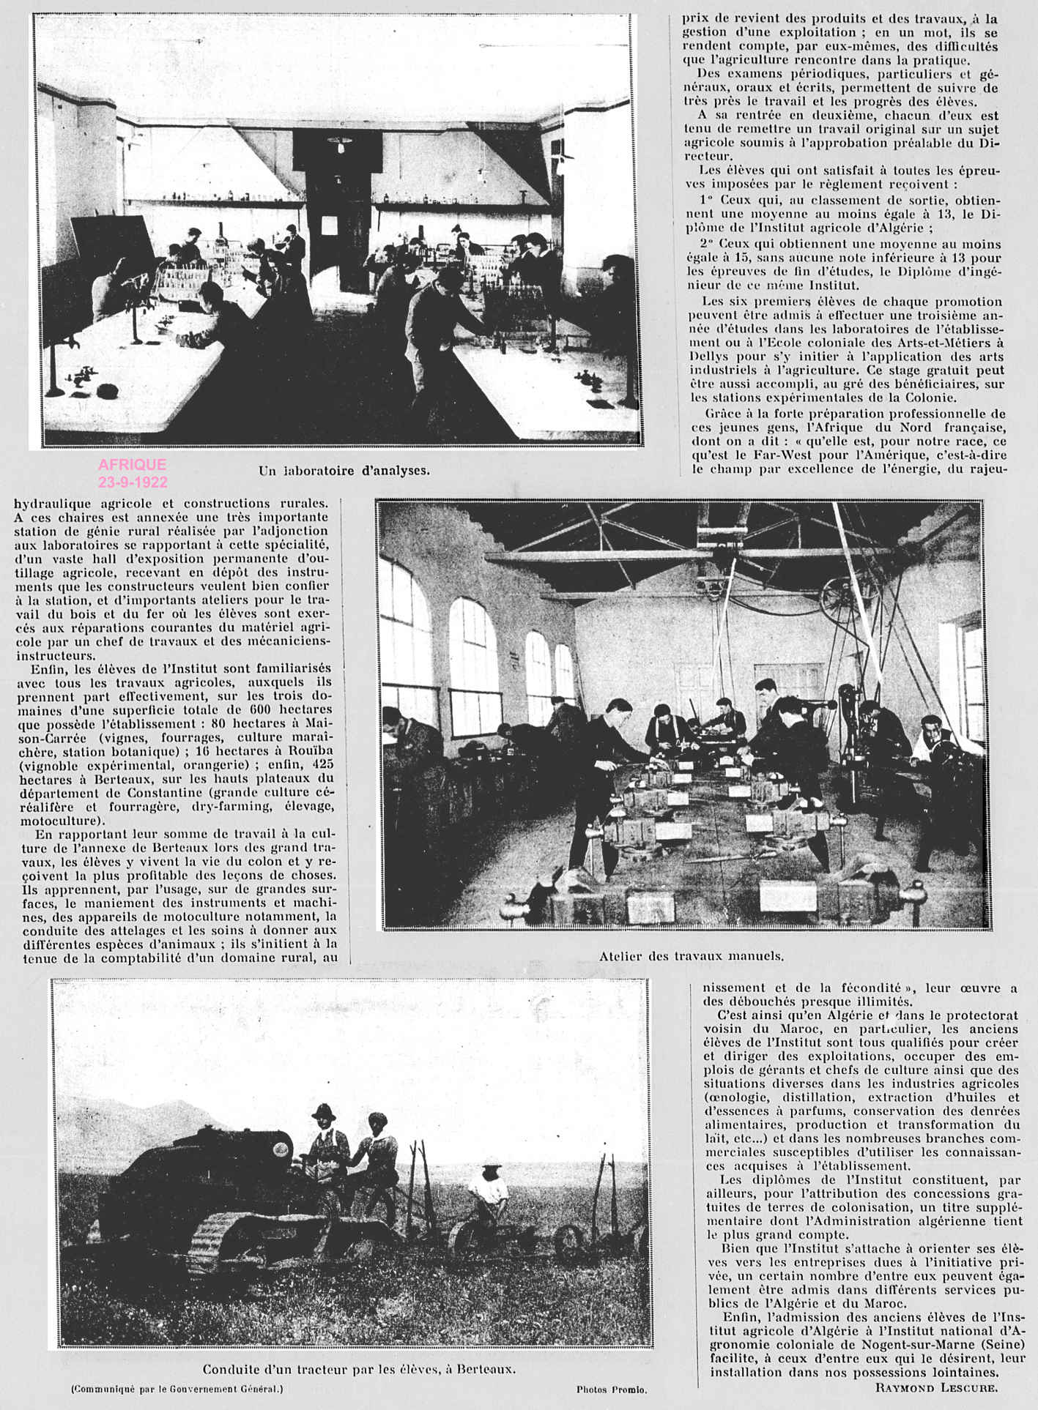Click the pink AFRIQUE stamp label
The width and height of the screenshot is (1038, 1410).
coord(132,465)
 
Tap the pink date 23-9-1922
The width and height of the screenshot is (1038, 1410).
coord(133,482)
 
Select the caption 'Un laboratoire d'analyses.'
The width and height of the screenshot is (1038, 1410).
coord(344,471)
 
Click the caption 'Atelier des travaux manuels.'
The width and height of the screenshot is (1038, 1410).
coord(692,955)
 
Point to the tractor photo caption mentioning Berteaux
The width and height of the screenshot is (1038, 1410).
coord(359,1370)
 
